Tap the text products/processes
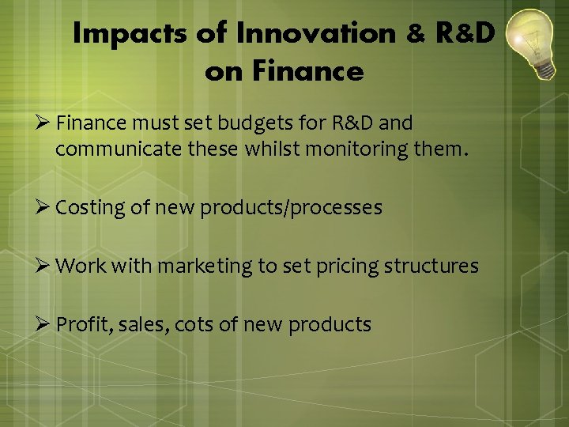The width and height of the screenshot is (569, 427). click(x=291, y=208)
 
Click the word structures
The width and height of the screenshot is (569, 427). click(x=431, y=266)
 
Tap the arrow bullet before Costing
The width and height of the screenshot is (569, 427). click(x=44, y=208)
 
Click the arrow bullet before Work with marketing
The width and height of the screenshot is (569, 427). click(x=44, y=266)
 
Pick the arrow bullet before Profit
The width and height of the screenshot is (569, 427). click(x=44, y=324)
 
